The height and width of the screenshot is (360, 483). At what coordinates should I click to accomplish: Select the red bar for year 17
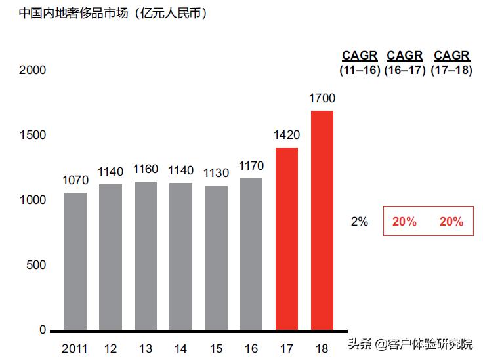tap(287, 239)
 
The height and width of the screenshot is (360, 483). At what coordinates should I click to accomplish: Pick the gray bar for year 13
tap(146, 256)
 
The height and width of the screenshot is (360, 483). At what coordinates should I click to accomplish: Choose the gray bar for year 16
tap(251, 254)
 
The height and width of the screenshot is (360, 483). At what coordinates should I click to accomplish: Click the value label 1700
tap(322, 99)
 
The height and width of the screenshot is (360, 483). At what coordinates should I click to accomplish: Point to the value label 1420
tap(287, 136)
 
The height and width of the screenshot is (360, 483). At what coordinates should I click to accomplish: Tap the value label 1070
tap(75, 180)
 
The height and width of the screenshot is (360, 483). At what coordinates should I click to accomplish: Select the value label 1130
tap(216, 174)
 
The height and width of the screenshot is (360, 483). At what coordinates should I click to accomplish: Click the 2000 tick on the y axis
tap(33, 70)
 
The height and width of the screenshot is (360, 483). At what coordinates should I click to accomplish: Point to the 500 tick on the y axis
tap(37, 265)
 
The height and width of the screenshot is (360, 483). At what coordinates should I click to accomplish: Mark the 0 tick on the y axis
tap(43, 330)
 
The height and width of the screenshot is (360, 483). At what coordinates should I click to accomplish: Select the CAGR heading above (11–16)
tap(360, 56)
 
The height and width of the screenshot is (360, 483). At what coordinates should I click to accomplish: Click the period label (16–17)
tap(405, 70)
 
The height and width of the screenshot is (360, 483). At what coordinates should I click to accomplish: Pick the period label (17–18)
tap(451, 70)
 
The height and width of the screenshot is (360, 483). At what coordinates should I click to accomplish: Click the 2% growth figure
tap(360, 222)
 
